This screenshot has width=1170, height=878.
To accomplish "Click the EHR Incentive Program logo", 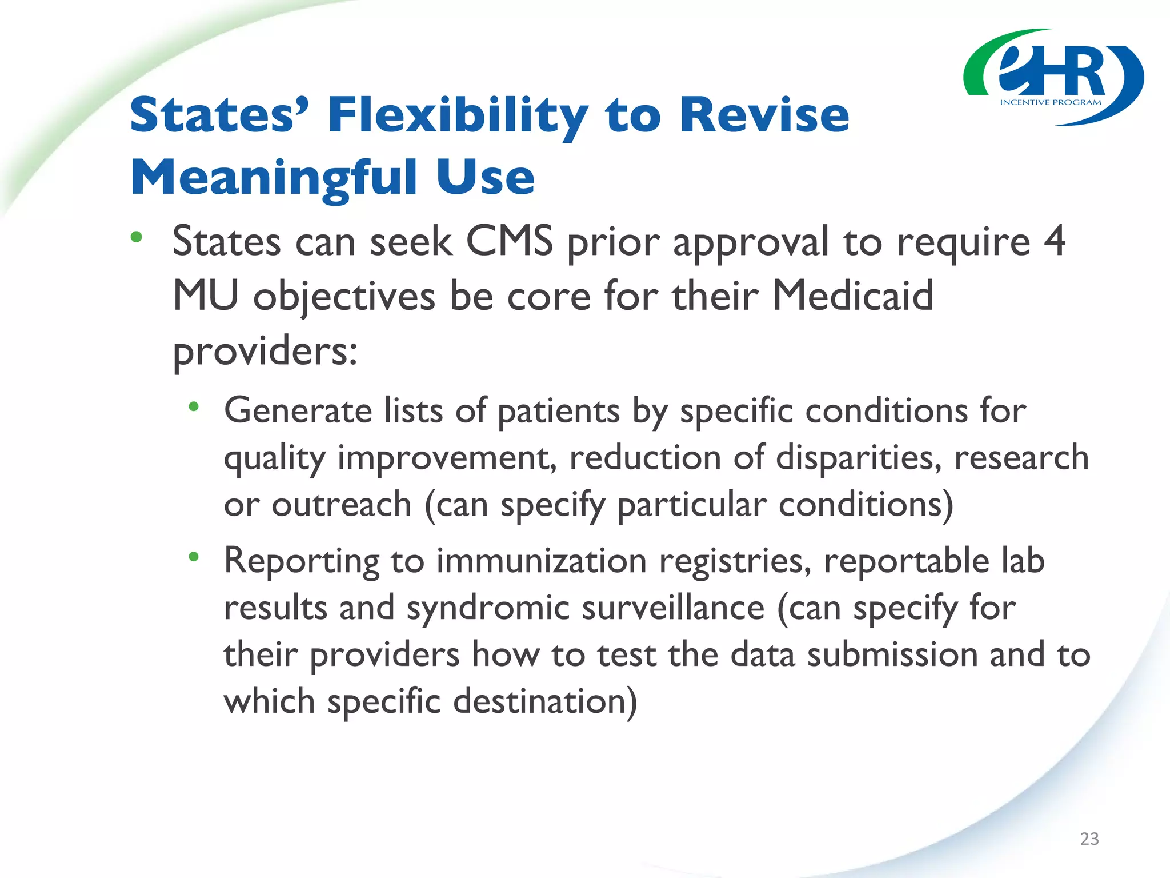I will pos(1053,77).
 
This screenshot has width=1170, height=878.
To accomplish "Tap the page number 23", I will pos(1089,839).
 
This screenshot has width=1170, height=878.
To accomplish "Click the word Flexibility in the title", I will pos(458,115).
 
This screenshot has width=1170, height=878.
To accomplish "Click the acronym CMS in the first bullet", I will pos(509,241).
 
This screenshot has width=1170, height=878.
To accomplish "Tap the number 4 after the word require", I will pos(1054,241).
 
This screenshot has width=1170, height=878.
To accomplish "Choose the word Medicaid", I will pos(852,296).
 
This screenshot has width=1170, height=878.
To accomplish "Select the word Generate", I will pos(298,411).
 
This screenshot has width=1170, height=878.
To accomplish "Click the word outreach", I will pos(341,505).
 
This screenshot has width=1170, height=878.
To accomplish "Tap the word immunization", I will pos(542,561).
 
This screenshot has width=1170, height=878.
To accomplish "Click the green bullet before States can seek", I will pos(136,237).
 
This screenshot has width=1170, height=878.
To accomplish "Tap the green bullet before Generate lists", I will pos(194,406).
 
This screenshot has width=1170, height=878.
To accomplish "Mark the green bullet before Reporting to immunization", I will pos(194,556).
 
